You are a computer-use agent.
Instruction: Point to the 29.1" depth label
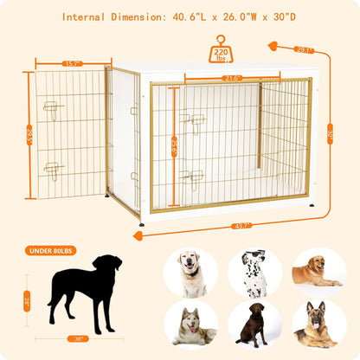[302, 49]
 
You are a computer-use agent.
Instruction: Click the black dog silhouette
[85, 291]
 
